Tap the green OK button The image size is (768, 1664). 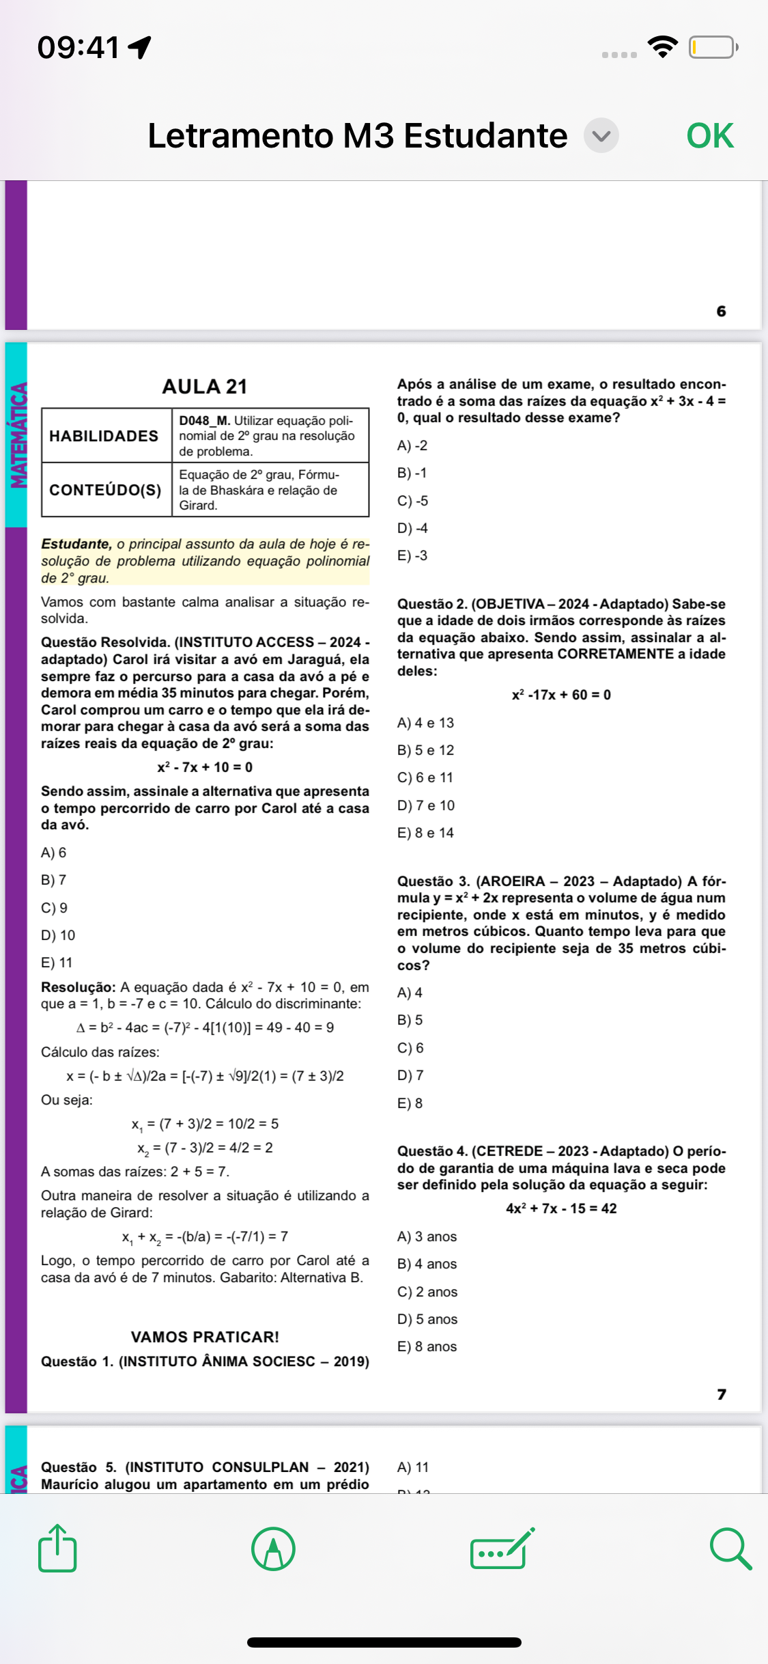(709, 135)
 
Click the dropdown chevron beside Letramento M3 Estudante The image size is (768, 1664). (601, 135)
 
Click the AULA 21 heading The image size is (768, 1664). (204, 387)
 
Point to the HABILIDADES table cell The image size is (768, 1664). (104, 436)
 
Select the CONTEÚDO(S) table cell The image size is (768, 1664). (105, 490)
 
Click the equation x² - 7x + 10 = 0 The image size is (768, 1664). (205, 767)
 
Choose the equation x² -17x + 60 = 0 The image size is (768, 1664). (561, 695)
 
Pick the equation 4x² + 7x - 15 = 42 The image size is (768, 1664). (561, 1208)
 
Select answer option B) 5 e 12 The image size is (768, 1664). (425, 750)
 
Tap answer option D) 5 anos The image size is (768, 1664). (427, 1319)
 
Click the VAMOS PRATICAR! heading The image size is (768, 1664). (205, 1337)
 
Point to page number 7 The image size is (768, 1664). (722, 1394)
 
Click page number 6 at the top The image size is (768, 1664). (722, 311)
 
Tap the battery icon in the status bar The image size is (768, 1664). (713, 47)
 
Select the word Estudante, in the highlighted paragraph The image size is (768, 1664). (76, 544)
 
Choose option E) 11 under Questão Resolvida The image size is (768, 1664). (57, 962)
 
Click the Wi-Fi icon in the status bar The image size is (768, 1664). (662, 46)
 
